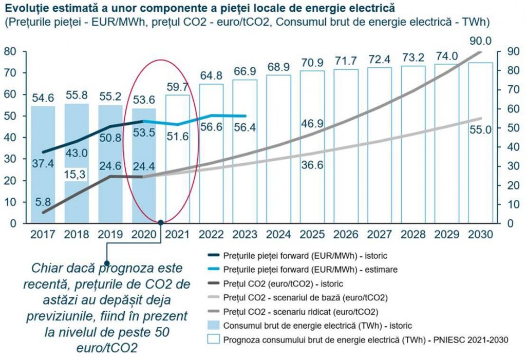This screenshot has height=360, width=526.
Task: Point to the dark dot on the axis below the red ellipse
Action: [x=161, y=222]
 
